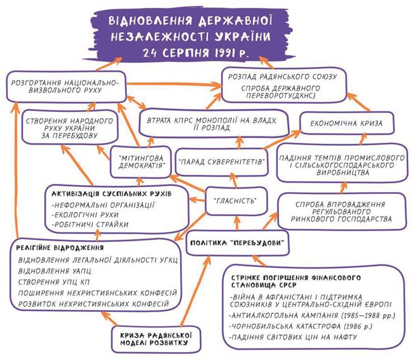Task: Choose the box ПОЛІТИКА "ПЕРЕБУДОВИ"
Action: coord(239,243)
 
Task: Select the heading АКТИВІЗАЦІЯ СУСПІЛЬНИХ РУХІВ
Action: coord(110,193)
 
